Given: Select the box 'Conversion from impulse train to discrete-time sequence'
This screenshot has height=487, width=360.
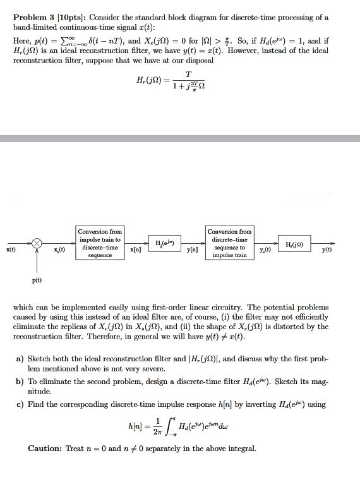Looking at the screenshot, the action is coord(100,243).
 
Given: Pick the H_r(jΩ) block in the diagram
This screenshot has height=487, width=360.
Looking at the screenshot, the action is coord(297,244).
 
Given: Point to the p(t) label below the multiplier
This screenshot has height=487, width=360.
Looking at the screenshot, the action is coord(37,280).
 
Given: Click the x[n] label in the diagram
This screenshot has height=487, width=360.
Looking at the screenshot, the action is coord(135,251).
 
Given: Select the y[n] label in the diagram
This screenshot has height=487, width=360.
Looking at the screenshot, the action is coord(193,251).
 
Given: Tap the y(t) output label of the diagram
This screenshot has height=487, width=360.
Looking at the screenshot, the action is coord(327,250).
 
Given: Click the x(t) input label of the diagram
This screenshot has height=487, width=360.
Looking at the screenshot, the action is coord(11,250).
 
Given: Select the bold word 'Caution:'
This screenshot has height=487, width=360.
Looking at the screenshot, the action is coord(45,448).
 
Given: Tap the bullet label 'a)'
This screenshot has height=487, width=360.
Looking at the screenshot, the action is coord(20,358).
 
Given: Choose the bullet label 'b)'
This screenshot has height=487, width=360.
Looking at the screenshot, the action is coord(20,382).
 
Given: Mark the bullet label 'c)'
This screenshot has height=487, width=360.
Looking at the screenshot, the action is coord(20,404).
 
